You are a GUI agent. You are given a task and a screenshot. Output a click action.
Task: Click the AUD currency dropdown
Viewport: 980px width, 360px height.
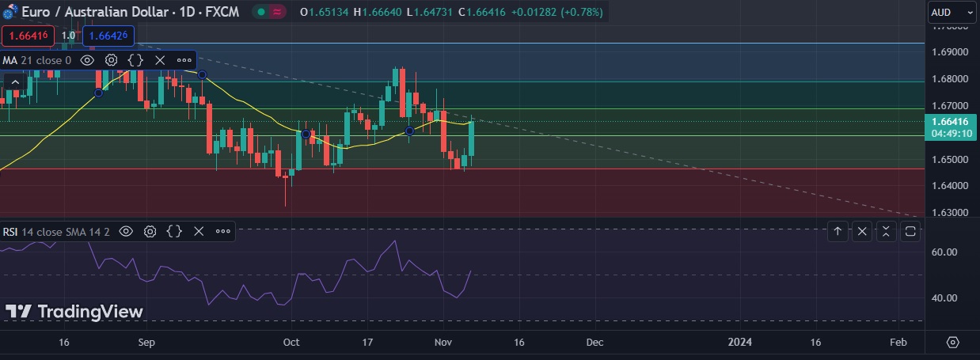(952, 12)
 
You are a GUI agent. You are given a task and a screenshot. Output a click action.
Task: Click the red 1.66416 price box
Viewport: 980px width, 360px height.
(28, 36)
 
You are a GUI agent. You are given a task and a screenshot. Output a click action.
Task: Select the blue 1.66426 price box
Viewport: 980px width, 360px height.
(108, 36)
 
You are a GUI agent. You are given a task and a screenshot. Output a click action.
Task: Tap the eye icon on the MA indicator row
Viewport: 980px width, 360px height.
(88, 60)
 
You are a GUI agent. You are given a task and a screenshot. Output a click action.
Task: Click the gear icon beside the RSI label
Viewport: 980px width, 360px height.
(150, 231)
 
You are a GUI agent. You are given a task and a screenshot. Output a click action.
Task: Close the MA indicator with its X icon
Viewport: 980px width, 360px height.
(159, 60)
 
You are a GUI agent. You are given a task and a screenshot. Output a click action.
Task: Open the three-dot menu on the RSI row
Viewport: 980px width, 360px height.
(223, 231)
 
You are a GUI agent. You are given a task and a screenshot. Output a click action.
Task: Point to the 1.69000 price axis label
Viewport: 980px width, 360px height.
(950, 52)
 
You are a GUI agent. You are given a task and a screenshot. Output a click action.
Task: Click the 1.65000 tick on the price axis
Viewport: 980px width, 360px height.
(950, 160)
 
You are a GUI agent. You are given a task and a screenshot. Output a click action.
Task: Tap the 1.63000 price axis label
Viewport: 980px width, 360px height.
(950, 214)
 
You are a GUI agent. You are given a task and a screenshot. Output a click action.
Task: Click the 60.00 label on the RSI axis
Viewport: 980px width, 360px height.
(945, 252)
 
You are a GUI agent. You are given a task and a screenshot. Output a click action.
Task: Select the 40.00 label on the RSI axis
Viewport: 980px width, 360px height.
(945, 298)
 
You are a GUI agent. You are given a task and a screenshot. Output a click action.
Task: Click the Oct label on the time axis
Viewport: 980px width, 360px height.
(291, 343)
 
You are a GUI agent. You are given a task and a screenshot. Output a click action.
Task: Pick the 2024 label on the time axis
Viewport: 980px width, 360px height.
(739, 343)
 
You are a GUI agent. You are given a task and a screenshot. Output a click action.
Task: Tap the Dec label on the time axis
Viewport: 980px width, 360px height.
(594, 343)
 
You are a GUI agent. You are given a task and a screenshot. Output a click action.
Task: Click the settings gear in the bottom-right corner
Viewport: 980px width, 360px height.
(952, 343)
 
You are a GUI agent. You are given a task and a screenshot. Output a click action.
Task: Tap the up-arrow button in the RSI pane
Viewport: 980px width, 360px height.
(838, 231)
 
